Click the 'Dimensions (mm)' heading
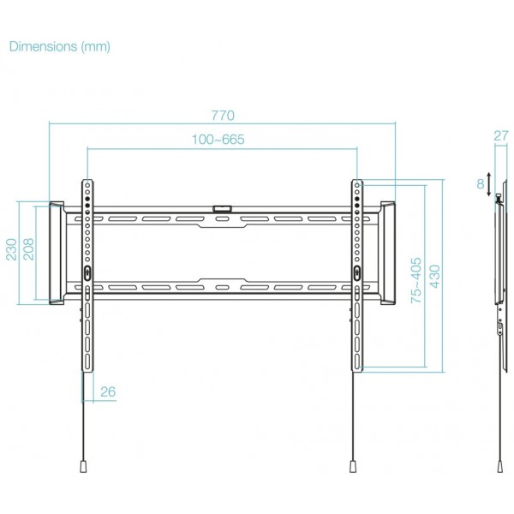60,46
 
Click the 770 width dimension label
223,116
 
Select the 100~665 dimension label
218,140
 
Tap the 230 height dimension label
11,250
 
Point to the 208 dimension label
28,249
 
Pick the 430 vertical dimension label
434,277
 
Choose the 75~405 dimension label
416,280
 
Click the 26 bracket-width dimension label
108,391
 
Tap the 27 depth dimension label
501,135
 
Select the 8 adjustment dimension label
481,184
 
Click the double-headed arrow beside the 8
489,184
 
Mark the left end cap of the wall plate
57,253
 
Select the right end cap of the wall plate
388,253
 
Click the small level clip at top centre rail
222,208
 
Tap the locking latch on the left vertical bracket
87,272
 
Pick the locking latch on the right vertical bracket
357,272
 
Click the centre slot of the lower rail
222,288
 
